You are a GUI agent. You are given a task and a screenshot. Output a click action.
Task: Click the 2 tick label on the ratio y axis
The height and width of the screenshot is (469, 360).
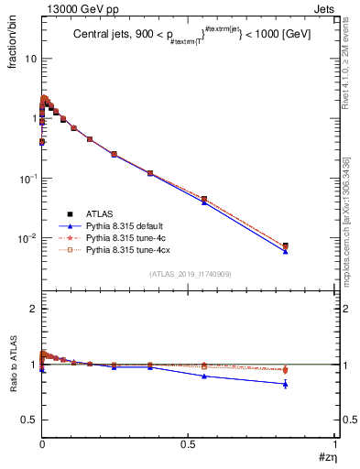[32, 309]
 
